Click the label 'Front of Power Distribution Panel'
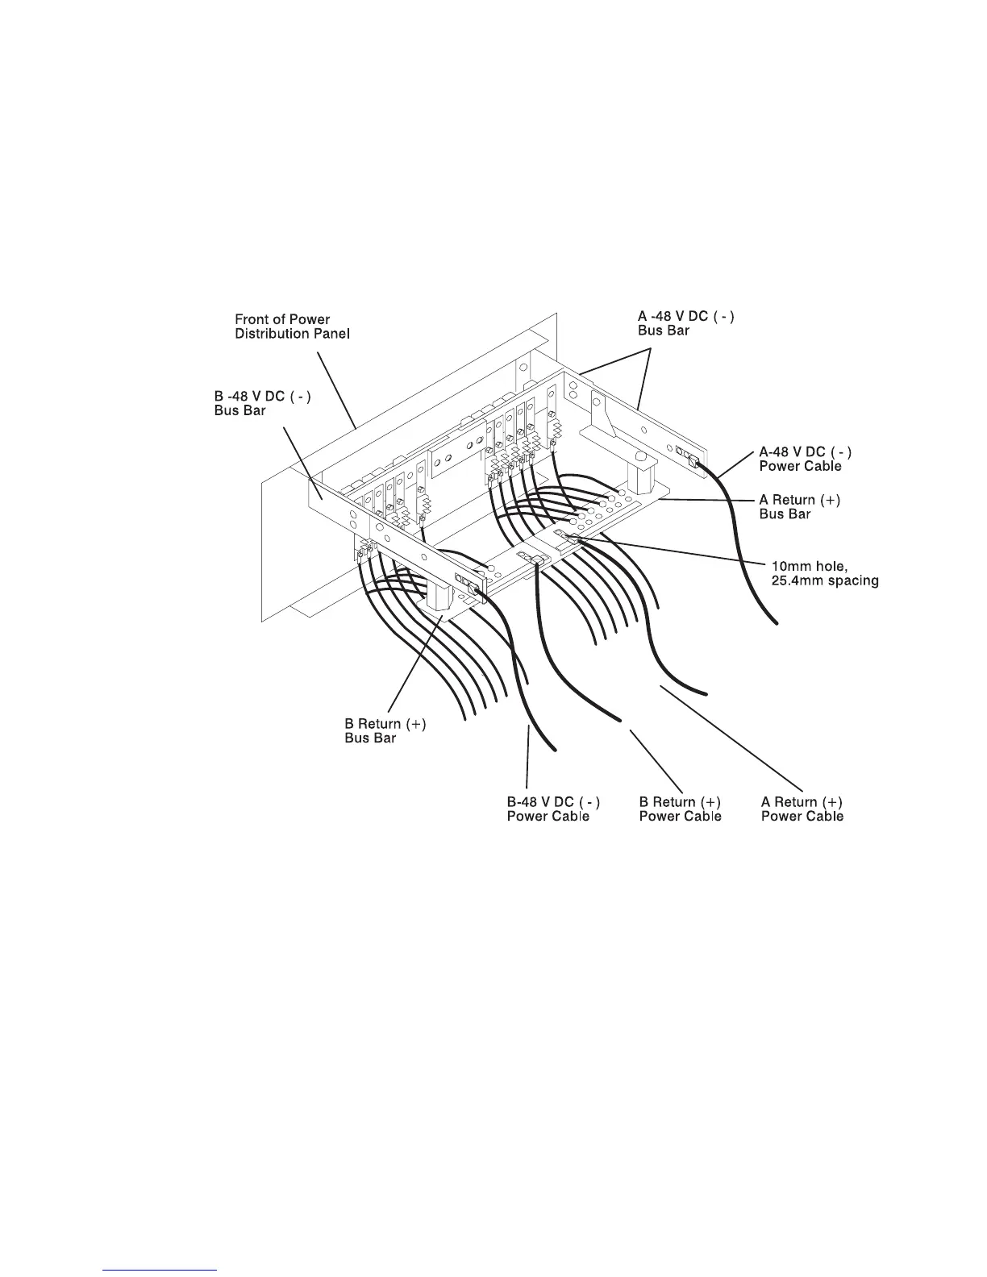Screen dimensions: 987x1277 pos(292,327)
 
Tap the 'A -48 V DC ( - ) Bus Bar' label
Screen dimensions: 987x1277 pos(685,323)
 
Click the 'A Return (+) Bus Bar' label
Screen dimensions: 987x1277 pos(799,507)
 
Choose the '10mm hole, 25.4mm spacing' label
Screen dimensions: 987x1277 pos(821,573)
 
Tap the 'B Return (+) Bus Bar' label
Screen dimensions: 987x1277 pos(385,730)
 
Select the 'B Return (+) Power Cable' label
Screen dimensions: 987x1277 pos(680,809)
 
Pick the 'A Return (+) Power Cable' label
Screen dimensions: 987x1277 pos(802,809)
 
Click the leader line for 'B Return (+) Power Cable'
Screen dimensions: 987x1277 pos(656,760)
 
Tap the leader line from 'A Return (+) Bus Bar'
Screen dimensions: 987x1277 pos(706,501)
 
